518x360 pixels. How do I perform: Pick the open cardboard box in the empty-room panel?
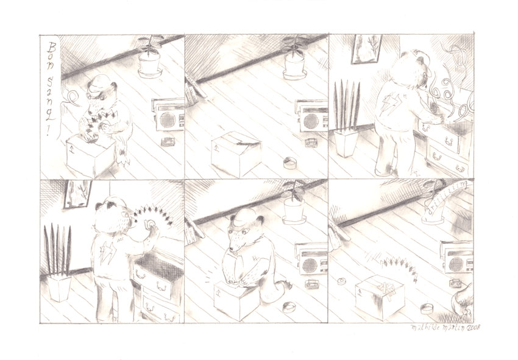pyautogui.click(x=236, y=153)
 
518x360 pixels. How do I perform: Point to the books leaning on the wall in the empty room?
pyautogui.click(x=194, y=91)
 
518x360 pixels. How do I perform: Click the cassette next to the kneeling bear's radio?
pyautogui.click(x=313, y=284)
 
